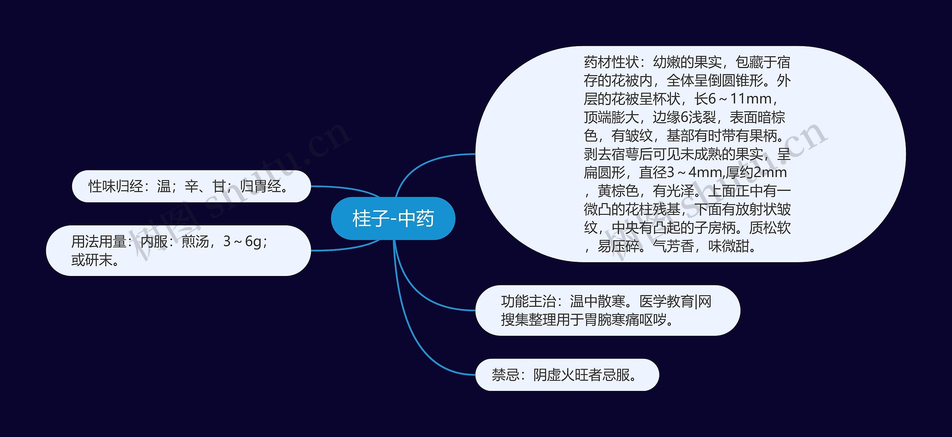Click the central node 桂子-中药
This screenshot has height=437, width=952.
pyautogui.click(x=393, y=218)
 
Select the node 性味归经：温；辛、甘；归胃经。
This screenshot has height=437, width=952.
pyautogui.click(x=191, y=186)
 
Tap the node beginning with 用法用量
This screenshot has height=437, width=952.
pyautogui.click(x=178, y=251)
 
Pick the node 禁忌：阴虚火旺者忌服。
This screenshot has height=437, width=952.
pyautogui.click(x=567, y=375)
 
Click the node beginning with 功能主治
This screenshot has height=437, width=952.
pyautogui.click(x=608, y=311)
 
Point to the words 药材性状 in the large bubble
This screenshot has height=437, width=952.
pyautogui.click(x=611, y=62)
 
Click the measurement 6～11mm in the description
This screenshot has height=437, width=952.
pyautogui.click(x=740, y=99)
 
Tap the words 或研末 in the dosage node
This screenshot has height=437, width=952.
pyautogui.click(x=91, y=260)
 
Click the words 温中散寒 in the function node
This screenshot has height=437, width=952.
pyautogui.click(x=598, y=301)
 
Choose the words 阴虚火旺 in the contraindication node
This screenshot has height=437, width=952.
pyautogui.click(x=561, y=375)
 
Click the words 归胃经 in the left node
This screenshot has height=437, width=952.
pyautogui.click(x=260, y=186)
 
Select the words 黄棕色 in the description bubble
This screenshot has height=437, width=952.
pyautogui.click(x=618, y=191)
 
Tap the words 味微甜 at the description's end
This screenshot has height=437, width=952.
pyautogui.click(x=729, y=246)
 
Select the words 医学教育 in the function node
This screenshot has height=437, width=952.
pyautogui.click(x=666, y=301)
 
